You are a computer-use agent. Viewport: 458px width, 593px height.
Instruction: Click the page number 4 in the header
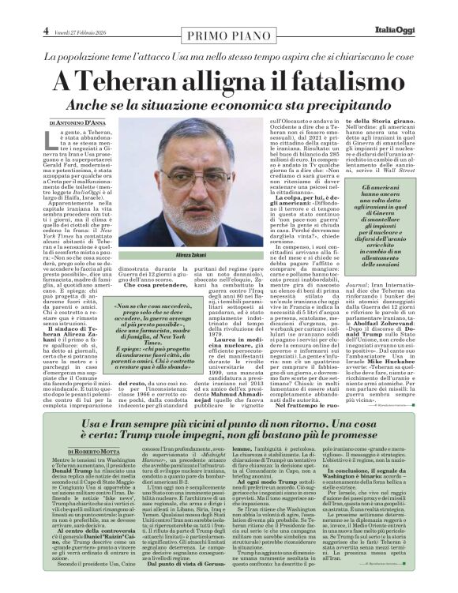click(x=47, y=31)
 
